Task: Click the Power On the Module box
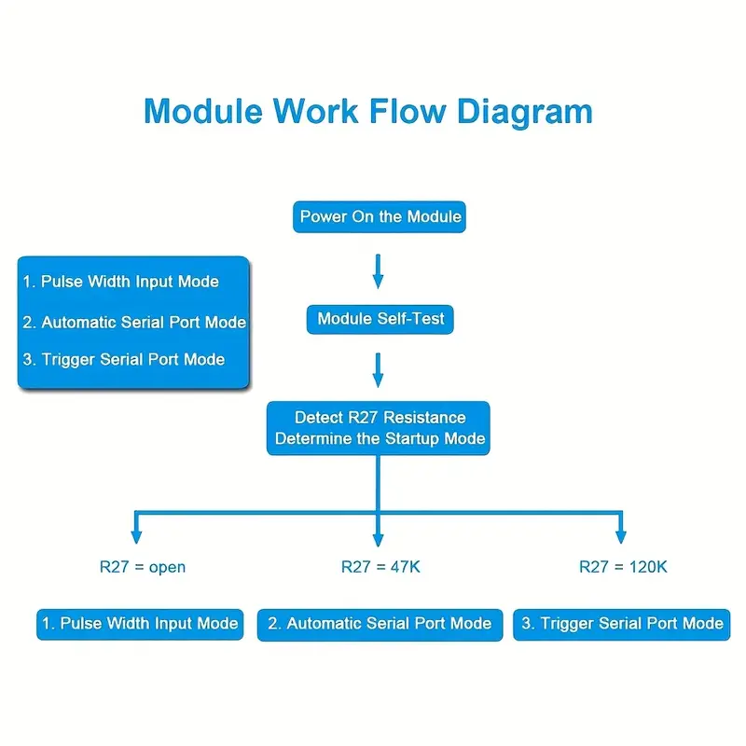click(380, 217)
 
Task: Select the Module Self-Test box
click(380, 319)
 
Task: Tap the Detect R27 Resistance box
click(379, 428)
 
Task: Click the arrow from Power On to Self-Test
click(378, 269)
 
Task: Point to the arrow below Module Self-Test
click(378, 369)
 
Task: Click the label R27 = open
click(143, 567)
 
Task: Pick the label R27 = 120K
click(623, 566)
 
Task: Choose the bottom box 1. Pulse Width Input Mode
click(139, 624)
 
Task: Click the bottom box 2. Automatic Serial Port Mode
click(380, 624)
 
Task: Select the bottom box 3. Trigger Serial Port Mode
click(622, 624)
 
